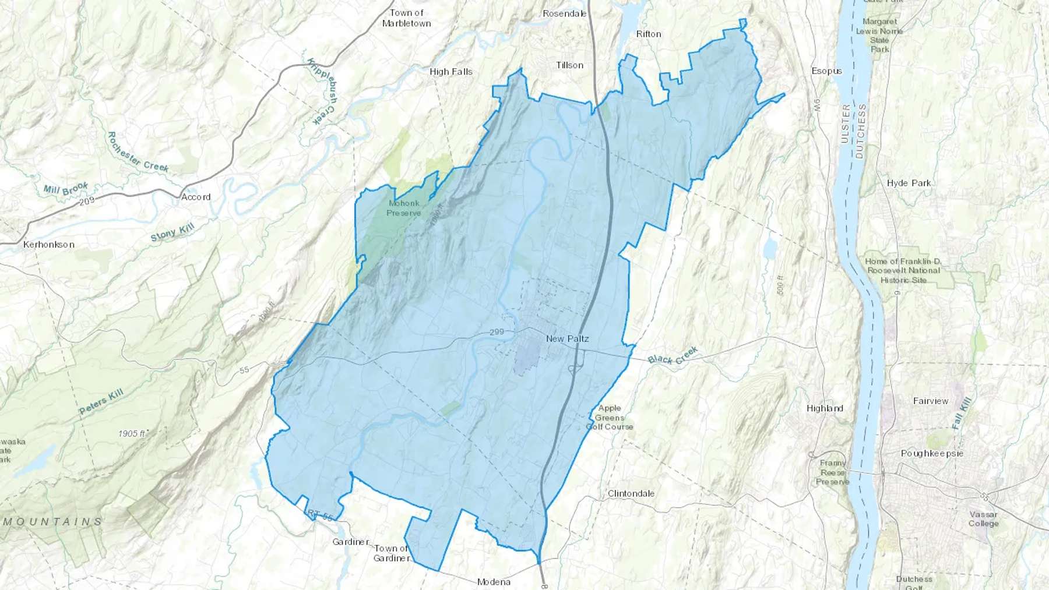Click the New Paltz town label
click(x=567, y=338)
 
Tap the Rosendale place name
click(x=564, y=13)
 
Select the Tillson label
click(x=569, y=65)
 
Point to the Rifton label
click(x=649, y=34)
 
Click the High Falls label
click(x=450, y=72)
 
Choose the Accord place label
click(x=196, y=197)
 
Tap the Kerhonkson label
click(x=49, y=245)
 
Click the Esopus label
click(x=826, y=71)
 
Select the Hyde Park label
click(x=909, y=183)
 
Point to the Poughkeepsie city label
click(x=932, y=453)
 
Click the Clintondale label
click(x=631, y=493)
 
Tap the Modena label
click(x=494, y=582)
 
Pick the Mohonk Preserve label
click(x=404, y=208)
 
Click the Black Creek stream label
click(x=673, y=356)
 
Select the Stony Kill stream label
click(x=172, y=232)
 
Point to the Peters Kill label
click(x=101, y=402)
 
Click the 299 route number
click(x=497, y=332)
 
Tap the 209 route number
click(x=86, y=201)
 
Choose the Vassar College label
click(x=983, y=518)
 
